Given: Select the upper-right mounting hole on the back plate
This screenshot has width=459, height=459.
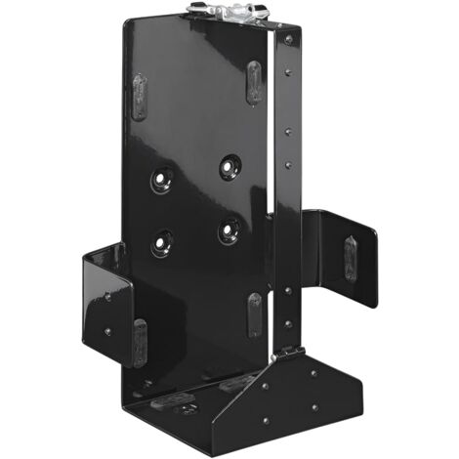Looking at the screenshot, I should (x=230, y=166).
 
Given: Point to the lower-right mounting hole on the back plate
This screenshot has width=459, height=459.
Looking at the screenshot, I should (x=229, y=230).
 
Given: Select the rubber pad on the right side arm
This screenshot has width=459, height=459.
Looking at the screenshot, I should (x=351, y=260).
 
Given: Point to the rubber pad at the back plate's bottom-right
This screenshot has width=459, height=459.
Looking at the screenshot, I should (x=254, y=314).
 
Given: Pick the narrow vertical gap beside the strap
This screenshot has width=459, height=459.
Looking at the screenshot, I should (x=271, y=146).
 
